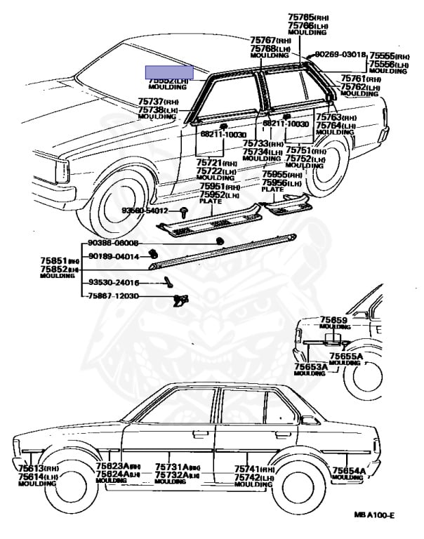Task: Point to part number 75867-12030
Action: pyautogui.click(x=113, y=296)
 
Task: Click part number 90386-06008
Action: pyautogui.click(x=113, y=243)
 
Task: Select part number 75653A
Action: pyautogui.click(x=310, y=366)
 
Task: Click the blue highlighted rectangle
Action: pyautogui.click(x=169, y=72)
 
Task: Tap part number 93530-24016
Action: pyautogui.click(x=113, y=282)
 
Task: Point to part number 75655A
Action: pyautogui.click(x=346, y=357)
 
